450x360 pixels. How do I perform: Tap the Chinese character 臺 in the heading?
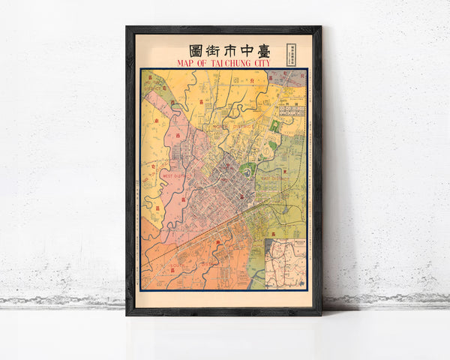tap(259, 49)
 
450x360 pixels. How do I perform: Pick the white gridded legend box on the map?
tap(292, 109)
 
